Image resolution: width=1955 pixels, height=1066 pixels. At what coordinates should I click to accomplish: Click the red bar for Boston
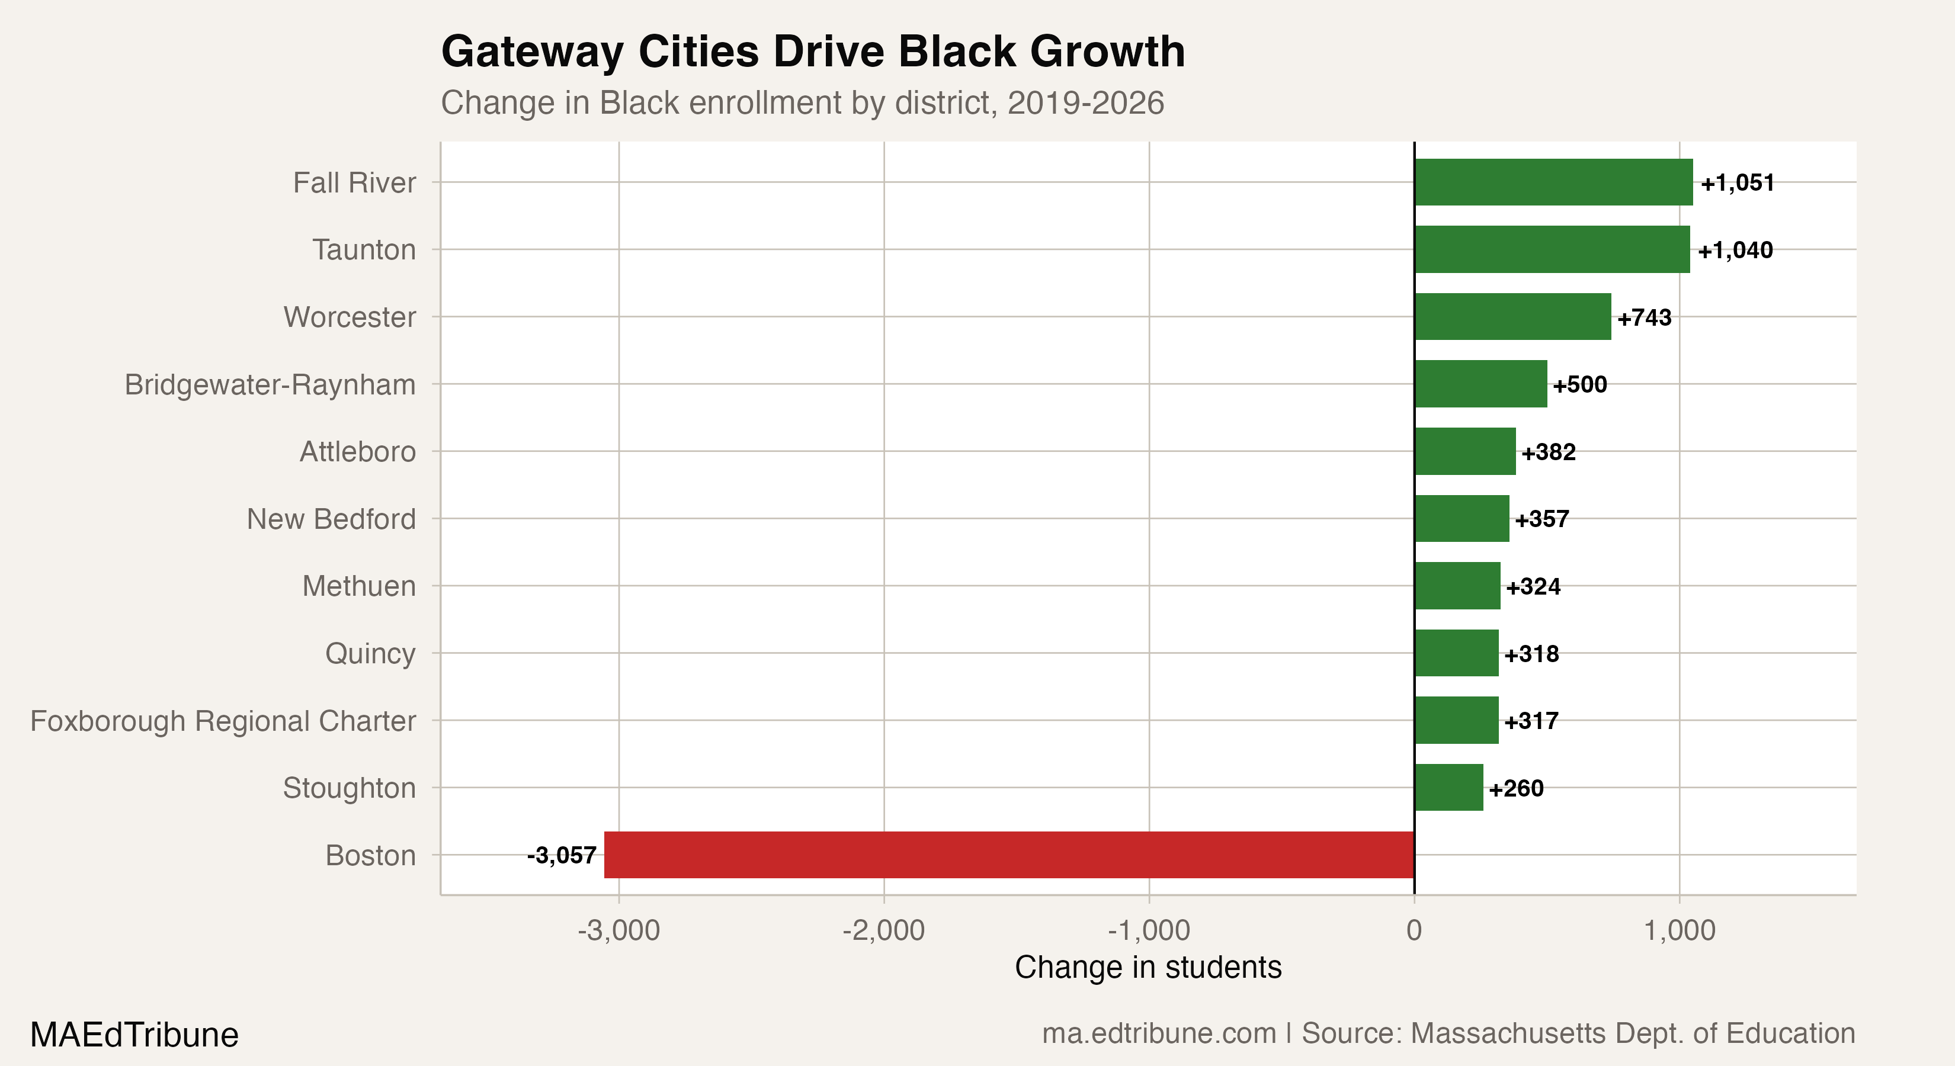tap(1009, 855)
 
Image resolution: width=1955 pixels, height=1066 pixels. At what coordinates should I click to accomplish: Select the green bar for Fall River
tap(1553, 182)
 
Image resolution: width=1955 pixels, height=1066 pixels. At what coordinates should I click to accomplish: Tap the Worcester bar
tap(1512, 316)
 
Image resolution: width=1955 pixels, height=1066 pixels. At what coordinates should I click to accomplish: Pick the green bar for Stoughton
tap(1448, 788)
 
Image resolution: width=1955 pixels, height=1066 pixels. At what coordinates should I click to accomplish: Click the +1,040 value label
tap(1735, 251)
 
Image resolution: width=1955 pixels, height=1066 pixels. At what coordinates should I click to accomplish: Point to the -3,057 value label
tap(562, 856)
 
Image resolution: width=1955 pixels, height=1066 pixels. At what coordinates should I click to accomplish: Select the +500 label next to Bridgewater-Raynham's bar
tap(1579, 385)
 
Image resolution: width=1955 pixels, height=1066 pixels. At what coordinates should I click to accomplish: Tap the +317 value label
tap(1531, 721)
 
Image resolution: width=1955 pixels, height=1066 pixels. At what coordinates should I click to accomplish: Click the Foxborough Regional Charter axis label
tap(223, 721)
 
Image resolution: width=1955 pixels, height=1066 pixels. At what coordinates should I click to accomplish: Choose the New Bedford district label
tap(331, 519)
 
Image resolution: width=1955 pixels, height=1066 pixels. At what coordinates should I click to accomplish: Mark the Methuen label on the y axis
tap(358, 586)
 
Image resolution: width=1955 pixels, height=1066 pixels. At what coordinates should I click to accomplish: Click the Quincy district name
tap(370, 653)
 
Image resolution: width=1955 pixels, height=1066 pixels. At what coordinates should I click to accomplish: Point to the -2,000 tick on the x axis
tap(883, 930)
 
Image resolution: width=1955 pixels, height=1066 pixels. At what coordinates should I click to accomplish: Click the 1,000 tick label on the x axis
tap(1680, 930)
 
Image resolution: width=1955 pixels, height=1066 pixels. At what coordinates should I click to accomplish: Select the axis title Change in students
tap(1148, 967)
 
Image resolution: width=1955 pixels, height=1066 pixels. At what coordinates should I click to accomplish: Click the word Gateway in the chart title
tap(533, 52)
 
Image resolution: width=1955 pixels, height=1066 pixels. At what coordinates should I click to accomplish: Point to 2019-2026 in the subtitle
tap(1085, 103)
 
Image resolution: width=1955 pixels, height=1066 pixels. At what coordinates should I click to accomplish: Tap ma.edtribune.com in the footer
tap(1158, 1033)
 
